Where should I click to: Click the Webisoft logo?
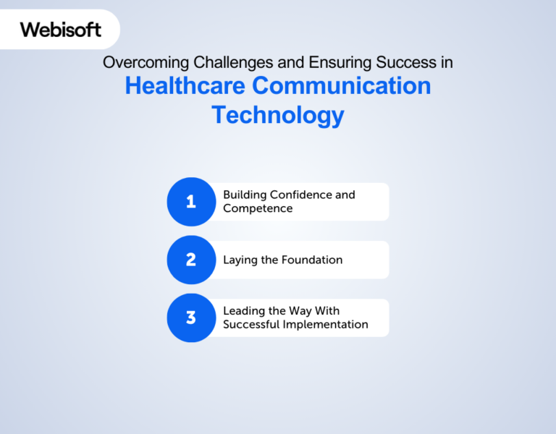[x=61, y=30]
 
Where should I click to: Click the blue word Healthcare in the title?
[x=185, y=86]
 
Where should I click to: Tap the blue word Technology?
[x=277, y=114]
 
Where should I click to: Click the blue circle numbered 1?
[x=191, y=202]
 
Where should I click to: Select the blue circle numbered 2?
[x=191, y=260]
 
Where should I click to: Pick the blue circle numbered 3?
[x=191, y=318]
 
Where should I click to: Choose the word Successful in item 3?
[x=251, y=325]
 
